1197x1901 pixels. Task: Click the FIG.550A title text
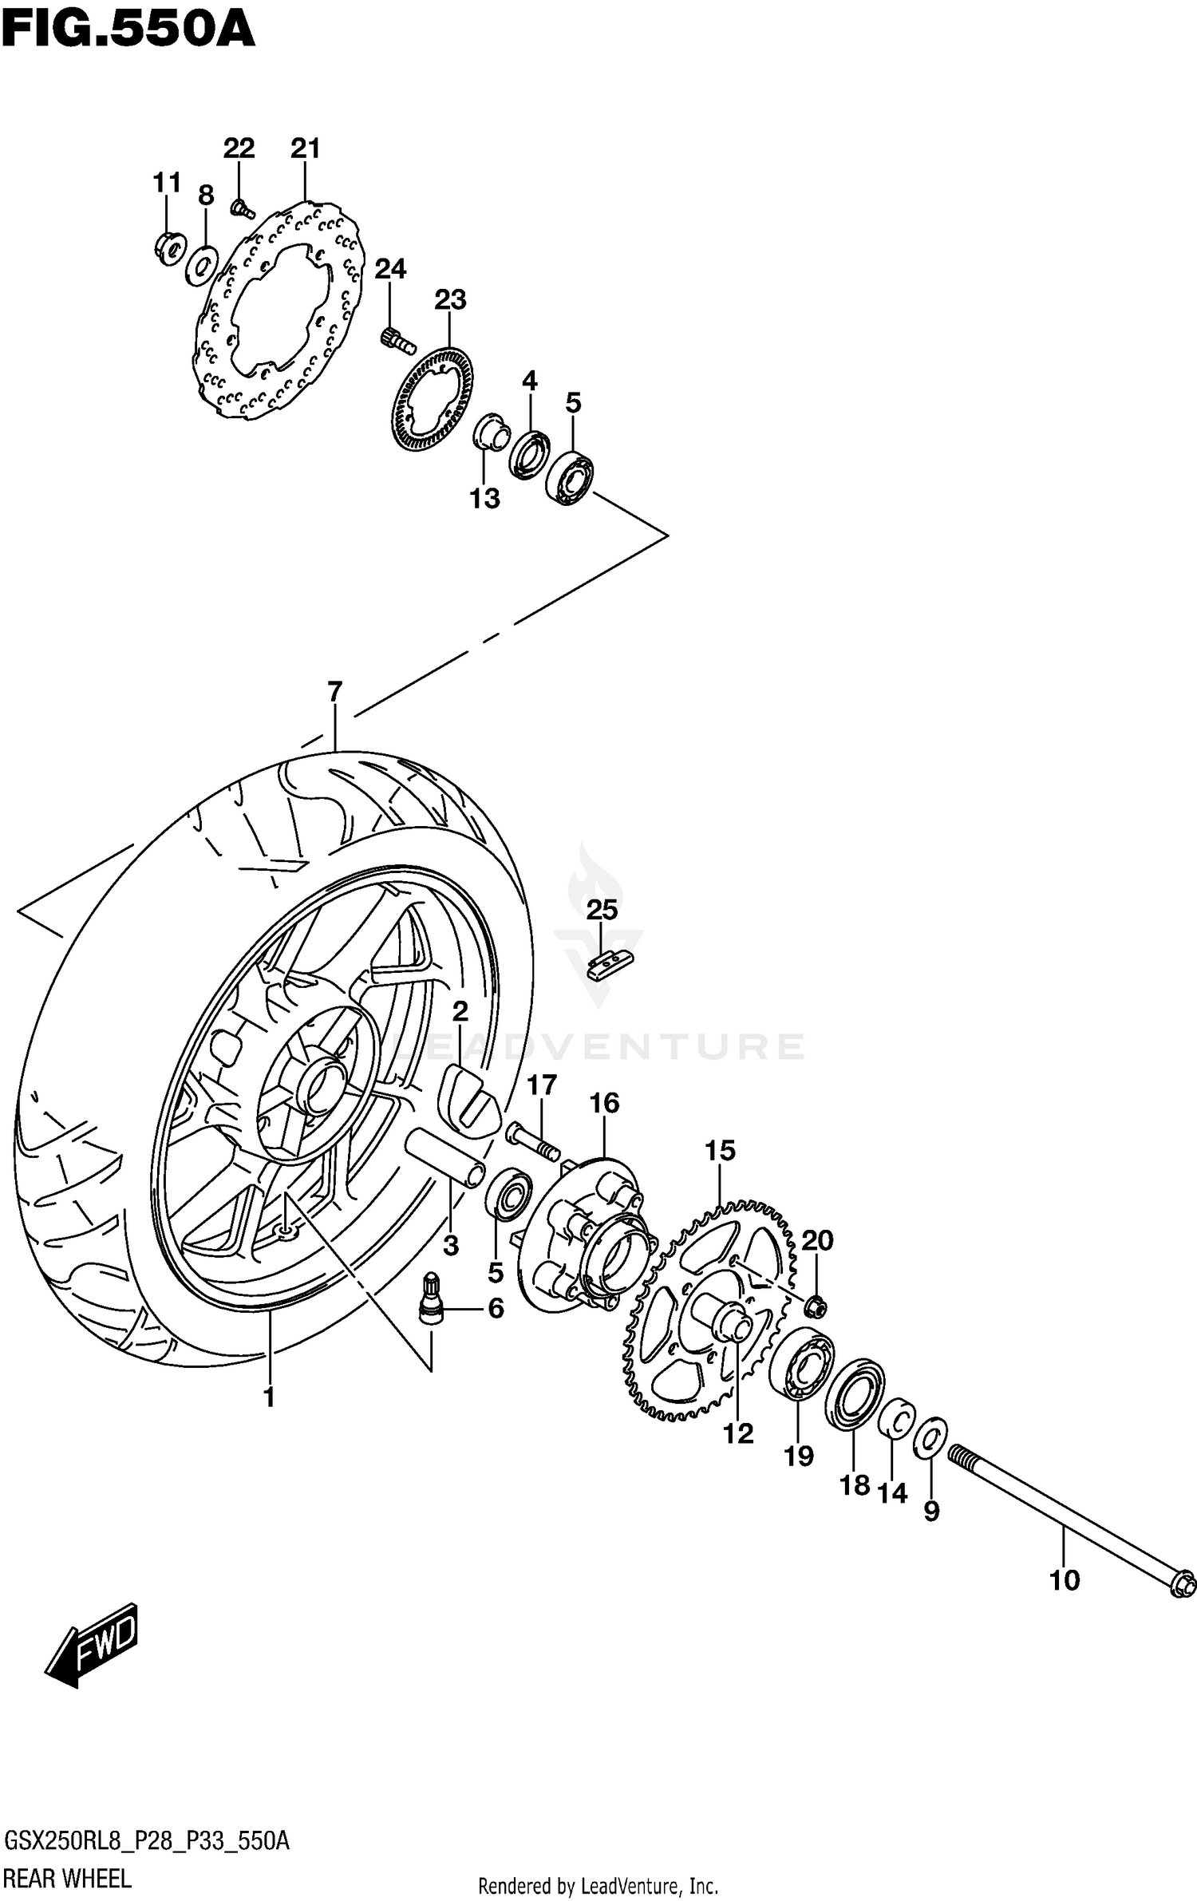tap(128, 30)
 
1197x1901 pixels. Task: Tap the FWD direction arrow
tap(92, 1658)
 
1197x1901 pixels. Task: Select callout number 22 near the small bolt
tap(239, 148)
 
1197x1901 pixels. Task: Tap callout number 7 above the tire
tap(334, 691)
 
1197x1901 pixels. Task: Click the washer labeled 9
tap(930, 1437)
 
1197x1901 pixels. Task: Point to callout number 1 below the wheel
tap(269, 1397)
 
